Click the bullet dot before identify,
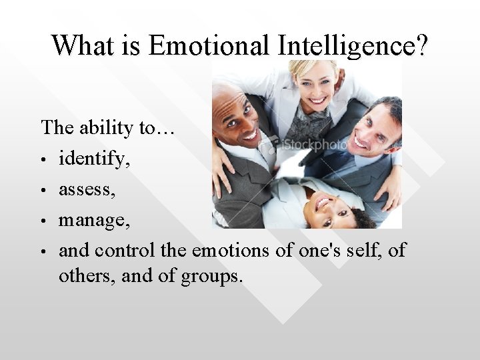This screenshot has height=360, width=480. point(43,161)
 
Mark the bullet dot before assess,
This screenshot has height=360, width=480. point(43,191)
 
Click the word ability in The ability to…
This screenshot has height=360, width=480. point(109,127)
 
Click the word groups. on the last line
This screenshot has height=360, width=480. point(212,275)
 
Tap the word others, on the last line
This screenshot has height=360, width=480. point(84,275)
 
